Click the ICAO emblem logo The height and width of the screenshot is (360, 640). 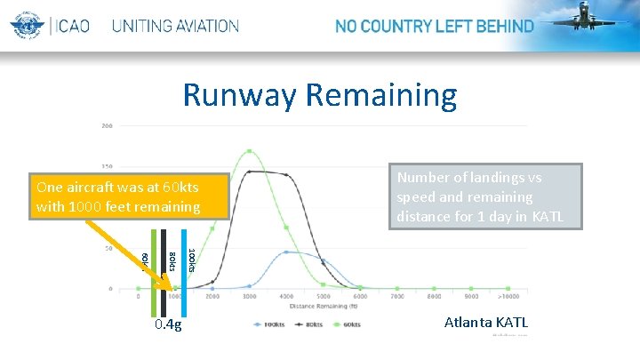tap(28, 26)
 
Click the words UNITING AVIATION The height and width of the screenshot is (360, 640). tap(175, 26)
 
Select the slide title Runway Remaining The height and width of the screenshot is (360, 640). tap(319, 94)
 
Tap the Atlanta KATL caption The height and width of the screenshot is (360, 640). tap(486, 323)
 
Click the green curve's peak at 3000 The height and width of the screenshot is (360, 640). tap(250, 151)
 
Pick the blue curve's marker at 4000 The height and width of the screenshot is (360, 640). tap(286, 252)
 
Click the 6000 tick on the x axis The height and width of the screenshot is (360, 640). tap(360, 297)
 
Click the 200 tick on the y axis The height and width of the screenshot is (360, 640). tap(107, 125)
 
